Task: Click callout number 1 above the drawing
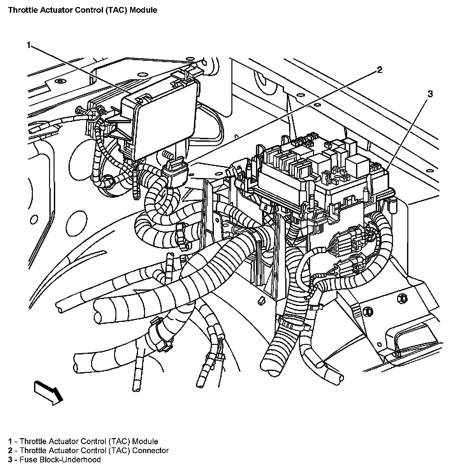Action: point(29,45)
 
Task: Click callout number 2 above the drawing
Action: point(379,70)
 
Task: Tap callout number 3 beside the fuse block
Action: point(430,94)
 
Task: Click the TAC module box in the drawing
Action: point(163,121)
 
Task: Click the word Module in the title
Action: point(145,10)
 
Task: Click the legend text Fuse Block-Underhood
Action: point(60,459)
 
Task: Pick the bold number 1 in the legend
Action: point(11,441)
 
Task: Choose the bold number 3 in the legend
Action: point(11,459)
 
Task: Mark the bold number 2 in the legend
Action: point(11,450)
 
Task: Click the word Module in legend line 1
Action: point(145,441)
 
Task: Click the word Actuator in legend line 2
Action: point(63,450)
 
